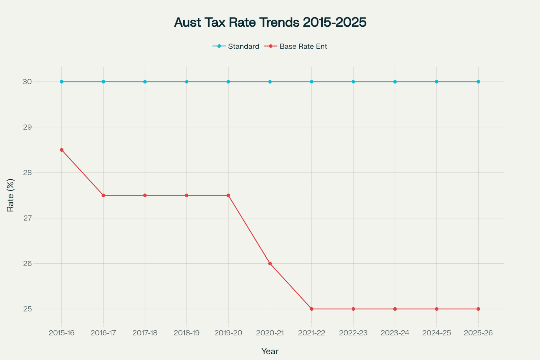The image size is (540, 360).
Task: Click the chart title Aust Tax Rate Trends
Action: click(270, 22)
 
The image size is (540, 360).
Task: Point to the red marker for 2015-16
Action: click(62, 150)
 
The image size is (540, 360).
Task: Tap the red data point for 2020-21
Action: click(270, 263)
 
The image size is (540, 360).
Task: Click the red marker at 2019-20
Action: click(228, 196)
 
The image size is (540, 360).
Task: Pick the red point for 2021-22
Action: click(312, 309)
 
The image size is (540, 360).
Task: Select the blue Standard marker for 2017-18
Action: click(145, 82)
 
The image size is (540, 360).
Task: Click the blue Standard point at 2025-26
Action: click(478, 82)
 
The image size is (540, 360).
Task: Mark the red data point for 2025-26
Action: click(478, 309)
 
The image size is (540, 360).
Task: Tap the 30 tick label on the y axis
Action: click(28, 82)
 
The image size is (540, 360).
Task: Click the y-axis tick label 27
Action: click(28, 218)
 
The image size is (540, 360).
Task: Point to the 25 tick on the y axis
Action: click(28, 309)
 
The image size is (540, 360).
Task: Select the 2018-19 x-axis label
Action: click(187, 333)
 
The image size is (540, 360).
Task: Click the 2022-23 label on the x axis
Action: click(353, 333)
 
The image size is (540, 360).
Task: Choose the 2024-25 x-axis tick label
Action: click(437, 333)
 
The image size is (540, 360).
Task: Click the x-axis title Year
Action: click(270, 351)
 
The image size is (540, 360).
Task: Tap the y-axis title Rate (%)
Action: click(10, 196)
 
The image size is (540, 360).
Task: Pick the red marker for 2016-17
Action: click(103, 196)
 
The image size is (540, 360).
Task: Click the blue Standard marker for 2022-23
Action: click(353, 82)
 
